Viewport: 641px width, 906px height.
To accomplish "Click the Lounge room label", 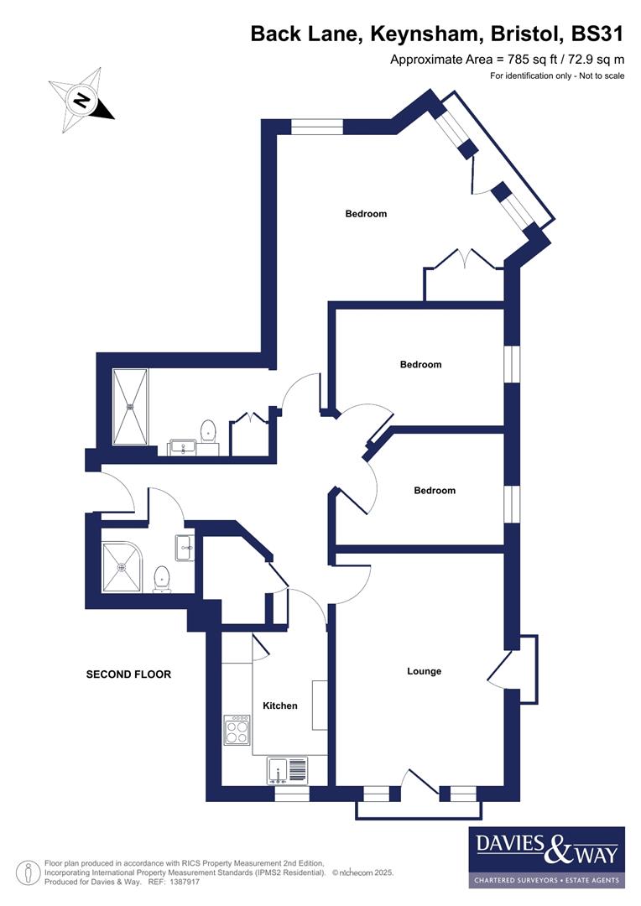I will pyautogui.click(x=424, y=671).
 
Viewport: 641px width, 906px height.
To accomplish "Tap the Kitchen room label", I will pyautogui.click(x=280, y=706).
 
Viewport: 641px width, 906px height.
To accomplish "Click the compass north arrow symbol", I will pyautogui.click(x=82, y=102).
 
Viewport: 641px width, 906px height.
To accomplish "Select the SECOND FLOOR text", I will pyautogui.click(x=128, y=674).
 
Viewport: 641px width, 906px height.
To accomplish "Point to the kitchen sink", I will pyautogui.click(x=287, y=769).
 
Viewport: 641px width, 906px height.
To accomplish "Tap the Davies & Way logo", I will pyautogui.click(x=546, y=857).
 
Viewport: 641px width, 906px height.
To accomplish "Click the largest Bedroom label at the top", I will pyautogui.click(x=366, y=214).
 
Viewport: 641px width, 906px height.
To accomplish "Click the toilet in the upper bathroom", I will pyautogui.click(x=208, y=433).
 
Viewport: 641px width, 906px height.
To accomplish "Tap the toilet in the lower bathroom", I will pyautogui.click(x=163, y=578).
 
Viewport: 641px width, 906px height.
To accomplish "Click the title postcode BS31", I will pyautogui.click(x=597, y=34).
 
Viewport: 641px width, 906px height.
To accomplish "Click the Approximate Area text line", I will pyautogui.click(x=508, y=60).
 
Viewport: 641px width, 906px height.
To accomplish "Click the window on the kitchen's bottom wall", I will pyautogui.click(x=292, y=794).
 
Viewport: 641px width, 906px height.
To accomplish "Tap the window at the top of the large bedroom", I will pyautogui.click(x=317, y=127).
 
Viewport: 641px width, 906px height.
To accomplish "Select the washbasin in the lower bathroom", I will pyautogui.click(x=185, y=548).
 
